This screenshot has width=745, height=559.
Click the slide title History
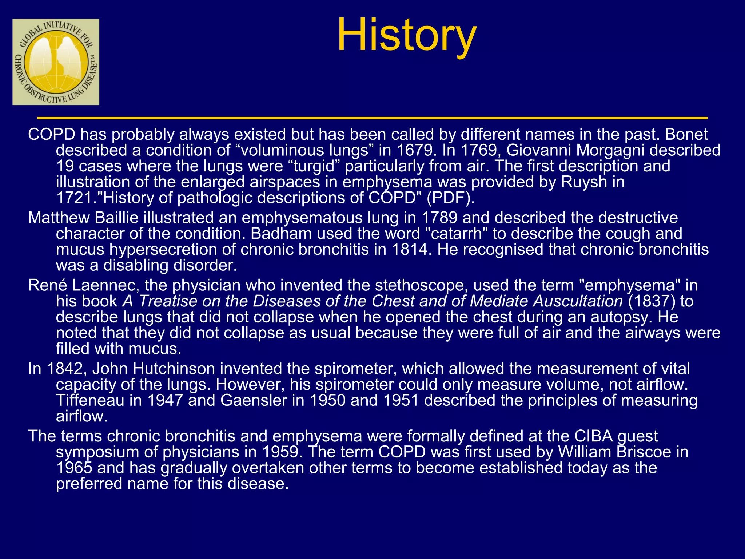406,35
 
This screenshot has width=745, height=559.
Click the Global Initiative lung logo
56,62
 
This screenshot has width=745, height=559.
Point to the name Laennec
105,285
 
